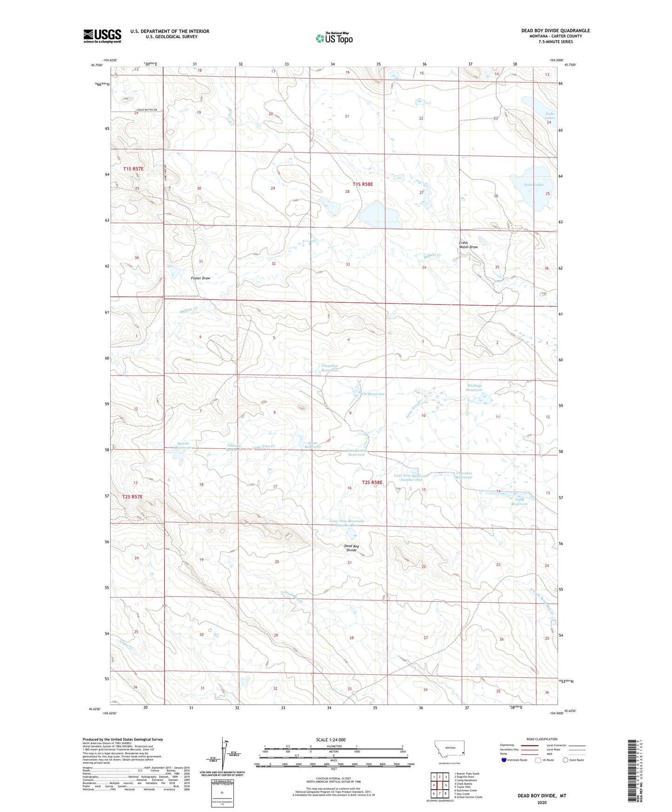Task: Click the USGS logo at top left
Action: click(x=102, y=35)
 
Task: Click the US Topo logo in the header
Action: click(x=333, y=38)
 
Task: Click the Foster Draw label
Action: click(x=200, y=278)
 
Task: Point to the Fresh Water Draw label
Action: click(x=468, y=245)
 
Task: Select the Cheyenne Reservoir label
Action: click(x=329, y=368)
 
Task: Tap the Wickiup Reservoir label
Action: click(x=474, y=387)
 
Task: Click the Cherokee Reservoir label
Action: click(x=464, y=475)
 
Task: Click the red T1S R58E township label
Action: click(x=363, y=184)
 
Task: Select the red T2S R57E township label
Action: click(x=133, y=497)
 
